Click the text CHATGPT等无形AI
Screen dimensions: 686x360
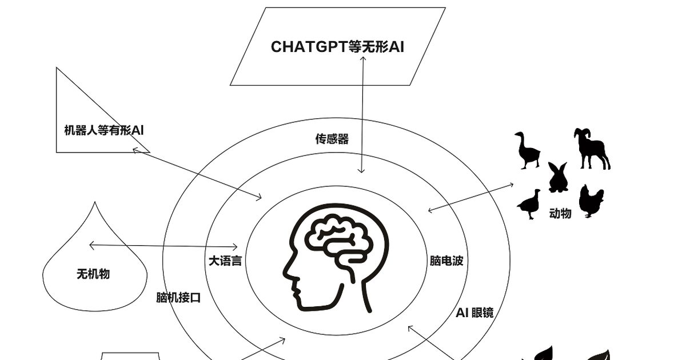[x=337, y=47]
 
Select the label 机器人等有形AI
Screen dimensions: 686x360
[x=104, y=130]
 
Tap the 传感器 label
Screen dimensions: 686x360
[x=332, y=139]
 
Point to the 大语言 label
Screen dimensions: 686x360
[x=225, y=261]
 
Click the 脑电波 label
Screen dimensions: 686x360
[x=446, y=261]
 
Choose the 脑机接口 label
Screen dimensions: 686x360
[x=178, y=298]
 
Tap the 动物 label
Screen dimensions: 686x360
[x=560, y=213]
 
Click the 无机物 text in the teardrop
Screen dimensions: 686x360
[x=93, y=274]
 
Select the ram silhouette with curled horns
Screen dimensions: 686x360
[x=592, y=149]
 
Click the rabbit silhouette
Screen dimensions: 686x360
[x=558, y=178]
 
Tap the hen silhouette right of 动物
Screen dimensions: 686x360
[x=591, y=201]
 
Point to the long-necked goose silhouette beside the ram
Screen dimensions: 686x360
[x=527, y=150]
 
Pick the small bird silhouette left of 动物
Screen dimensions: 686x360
[x=529, y=204]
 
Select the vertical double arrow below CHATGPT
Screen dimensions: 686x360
[x=362, y=115]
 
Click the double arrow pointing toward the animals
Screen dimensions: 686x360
[x=470, y=198]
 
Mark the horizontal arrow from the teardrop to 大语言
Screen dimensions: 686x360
[x=163, y=246]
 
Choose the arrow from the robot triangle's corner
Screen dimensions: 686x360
[x=197, y=174]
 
